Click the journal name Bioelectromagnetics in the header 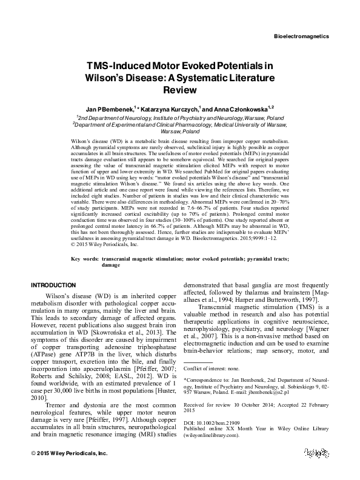[x=301, y=36]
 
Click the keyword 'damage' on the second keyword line [x=112, y=265]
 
